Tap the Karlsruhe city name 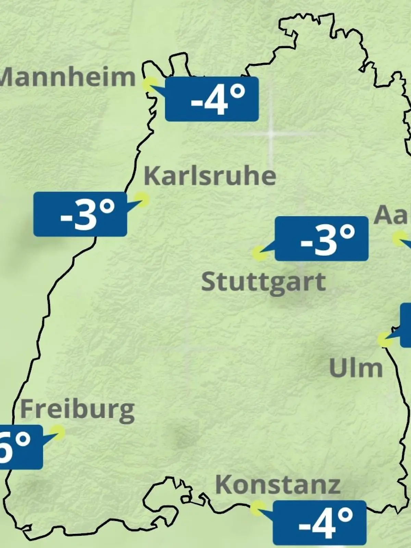point(210,176)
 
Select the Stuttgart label point(263,282)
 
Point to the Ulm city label point(356,368)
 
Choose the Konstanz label point(278,485)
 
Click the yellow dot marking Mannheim point(150,84)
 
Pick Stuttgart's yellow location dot point(259,253)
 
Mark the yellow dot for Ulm point(385,339)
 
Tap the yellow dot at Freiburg point(57,432)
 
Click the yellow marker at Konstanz point(257,508)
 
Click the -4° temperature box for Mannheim point(212,99)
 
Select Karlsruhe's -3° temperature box point(80,214)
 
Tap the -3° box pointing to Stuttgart point(322,238)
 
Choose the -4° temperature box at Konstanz point(320,523)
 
